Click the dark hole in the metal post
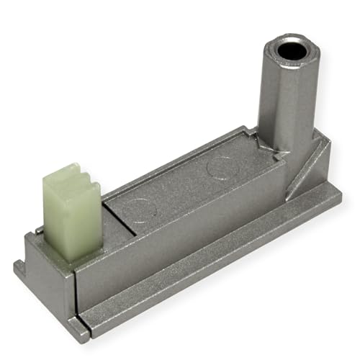pyautogui.click(x=290, y=50)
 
